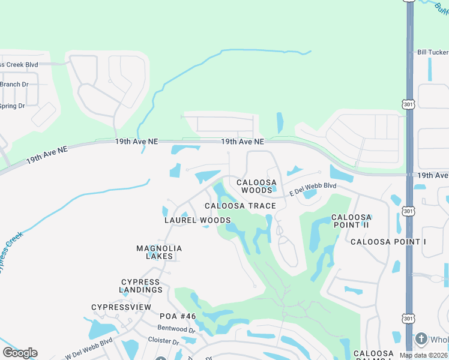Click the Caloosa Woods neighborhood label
click(256, 186)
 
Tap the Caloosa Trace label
click(240, 206)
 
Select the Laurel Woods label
click(197, 220)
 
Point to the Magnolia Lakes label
click(159, 252)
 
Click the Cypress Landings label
click(142, 286)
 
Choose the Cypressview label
click(121, 307)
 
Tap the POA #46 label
click(178, 316)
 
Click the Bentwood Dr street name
click(176, 329)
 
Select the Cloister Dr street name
click(163, 341)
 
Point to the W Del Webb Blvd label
click(88, 349)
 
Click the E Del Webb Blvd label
click(313, 189)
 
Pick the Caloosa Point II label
click(352, 221)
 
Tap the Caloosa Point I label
click(388, 242)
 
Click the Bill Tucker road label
click(433, 53)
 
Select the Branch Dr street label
click(14, 85)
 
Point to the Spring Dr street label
click(12, 106)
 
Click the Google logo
click(20, 353)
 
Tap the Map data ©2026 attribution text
click(423, 355)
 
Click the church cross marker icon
click(421, 339)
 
